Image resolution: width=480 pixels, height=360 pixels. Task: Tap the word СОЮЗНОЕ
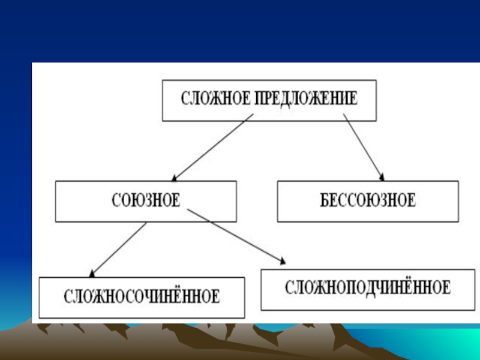pyautogui.click(x=146, y=200)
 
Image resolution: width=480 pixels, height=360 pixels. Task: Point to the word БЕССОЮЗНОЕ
pyautogui.click(x=368, y=200)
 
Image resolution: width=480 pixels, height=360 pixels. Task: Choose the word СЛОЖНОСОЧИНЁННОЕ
pyautogui.click(x=142, y=296)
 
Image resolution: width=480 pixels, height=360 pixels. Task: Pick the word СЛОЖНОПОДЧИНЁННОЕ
pyautogui.click(x=368, y=287)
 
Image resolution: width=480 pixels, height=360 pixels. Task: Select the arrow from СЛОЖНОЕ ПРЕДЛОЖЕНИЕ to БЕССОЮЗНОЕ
pyautogui.click(x=364, y=147)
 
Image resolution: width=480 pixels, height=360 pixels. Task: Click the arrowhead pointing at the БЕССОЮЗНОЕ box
pyautogui.click(x=381, y=176)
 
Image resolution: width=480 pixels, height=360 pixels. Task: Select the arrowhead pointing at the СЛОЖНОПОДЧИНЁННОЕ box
pyautogui.click(x=281, y=260)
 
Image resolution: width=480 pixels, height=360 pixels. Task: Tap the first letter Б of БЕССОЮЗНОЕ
pyautogui.click(x=324, y=200)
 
